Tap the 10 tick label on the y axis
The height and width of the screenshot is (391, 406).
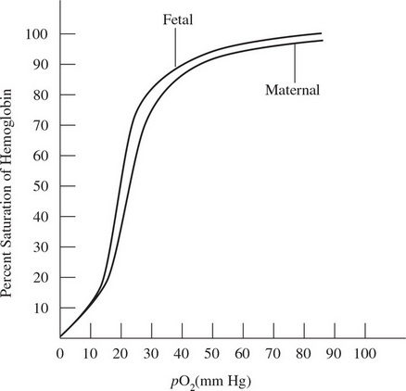pyautogui.click(x=41, y=307)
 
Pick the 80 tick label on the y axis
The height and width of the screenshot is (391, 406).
pyautogui.click(x=41, y=95)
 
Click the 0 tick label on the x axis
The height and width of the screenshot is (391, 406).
pyautogui.click(x=60, y=353)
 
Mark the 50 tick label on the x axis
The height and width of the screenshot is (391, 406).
pyautogui.click(x=212, y=353)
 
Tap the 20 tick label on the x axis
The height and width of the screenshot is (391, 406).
pyautogui.click(x=121, y=353)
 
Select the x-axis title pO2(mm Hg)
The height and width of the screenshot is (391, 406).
pyautogui.click(x=211, y=381)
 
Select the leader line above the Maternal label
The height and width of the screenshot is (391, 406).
pyautogui.click(x=294, y=63)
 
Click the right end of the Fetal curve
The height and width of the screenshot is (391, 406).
pyautogui.click(x=321, y=33)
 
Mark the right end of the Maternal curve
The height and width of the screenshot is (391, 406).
pyautogui.click(x=321, y=40)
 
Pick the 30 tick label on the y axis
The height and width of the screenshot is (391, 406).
pyautogui.click(x=41, y=246)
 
